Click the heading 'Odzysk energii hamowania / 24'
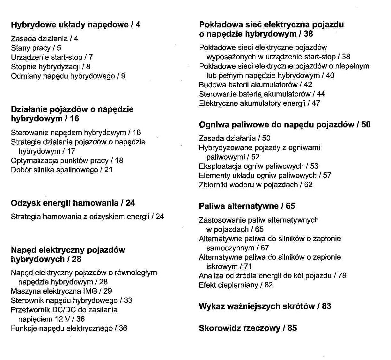(x=73, y=203)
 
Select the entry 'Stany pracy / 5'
(x=36, y=48)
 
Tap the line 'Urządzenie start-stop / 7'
(x=52, y=57)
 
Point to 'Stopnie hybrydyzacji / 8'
(x=50, y=67)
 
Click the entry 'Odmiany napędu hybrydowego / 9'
(x=68, y=76)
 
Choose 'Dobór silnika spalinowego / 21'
(x=62, y=170)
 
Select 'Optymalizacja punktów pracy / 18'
(x=67, y=161)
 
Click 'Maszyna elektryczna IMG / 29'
(x=61, y=291)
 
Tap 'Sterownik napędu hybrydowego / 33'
(x=71, y=300)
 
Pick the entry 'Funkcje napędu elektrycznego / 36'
(x=69, y=328)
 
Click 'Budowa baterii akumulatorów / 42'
(x=255, y=85)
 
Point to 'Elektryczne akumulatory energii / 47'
(x=259, y=103)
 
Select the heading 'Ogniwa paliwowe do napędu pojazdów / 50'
(x=284, y=125)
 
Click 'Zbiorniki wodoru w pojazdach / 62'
(x=255, y=185)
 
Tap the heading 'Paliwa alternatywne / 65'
(x=247, y=206)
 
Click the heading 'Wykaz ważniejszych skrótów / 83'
(x=265, y=306)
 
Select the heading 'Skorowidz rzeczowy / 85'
(x=247, y=328)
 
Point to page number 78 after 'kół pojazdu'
(x=342, y=276)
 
